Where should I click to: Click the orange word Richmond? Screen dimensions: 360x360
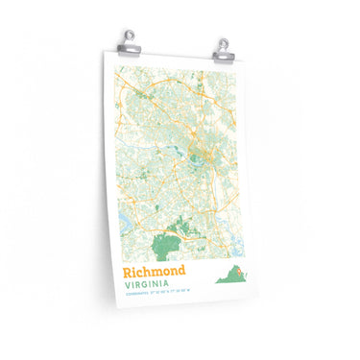[x=154, y=272]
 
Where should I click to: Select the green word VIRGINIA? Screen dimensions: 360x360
[x=147, y=285]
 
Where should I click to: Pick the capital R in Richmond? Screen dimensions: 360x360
[x=126, y=272]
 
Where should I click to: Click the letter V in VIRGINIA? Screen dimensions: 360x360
[x=125, y=285]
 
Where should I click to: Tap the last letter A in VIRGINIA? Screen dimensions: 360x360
[x=169, y=286]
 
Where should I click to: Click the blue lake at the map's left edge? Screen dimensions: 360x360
[x=122, y=223]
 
